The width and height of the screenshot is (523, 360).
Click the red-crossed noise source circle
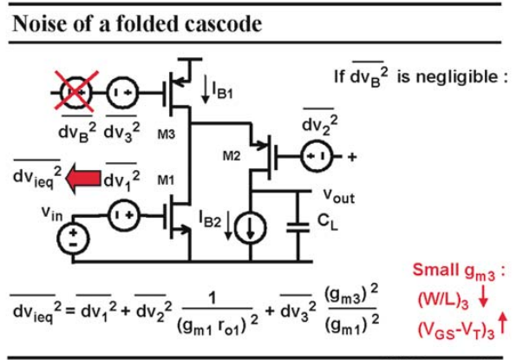coord(76,93)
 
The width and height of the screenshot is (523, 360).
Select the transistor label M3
coord(167,134)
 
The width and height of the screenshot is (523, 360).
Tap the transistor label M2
coord(232,155)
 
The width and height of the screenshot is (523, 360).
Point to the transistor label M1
coord(166,180)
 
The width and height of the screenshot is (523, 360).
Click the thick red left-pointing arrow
coord(83,179)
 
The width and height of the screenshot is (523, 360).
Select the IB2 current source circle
coord(251,227)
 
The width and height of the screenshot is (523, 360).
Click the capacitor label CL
coord(328,222)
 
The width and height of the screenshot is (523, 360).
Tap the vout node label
coord(339,196)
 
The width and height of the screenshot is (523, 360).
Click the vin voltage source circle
coord(73,239)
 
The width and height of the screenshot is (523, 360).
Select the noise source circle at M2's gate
coord(317,156)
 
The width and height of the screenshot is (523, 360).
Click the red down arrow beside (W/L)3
coord(483,298)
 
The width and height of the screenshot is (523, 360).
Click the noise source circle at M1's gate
coord(123,215)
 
